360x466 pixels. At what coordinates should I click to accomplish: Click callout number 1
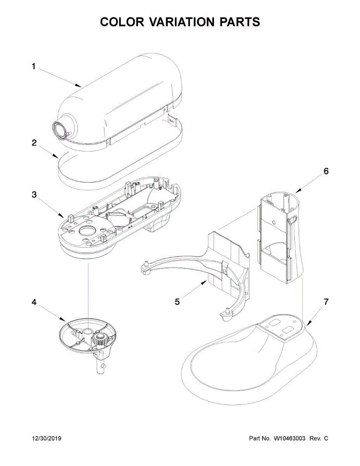tap(33, 67)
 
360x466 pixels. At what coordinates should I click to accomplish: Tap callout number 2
tap(34, 143)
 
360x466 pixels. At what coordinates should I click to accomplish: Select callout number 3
tap(34, 195)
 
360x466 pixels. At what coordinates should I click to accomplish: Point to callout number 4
tap(34, 302)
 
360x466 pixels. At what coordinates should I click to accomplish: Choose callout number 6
tap(326, 171)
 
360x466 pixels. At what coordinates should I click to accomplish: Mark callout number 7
tap(326, 302)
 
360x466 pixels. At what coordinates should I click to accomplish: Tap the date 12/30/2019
tap(47, 438)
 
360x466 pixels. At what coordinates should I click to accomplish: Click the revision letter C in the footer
tap(326, 438)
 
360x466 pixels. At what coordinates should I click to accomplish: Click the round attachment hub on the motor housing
tap(60, 129)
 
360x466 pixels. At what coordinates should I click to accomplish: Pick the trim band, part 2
tap(117, 171)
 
